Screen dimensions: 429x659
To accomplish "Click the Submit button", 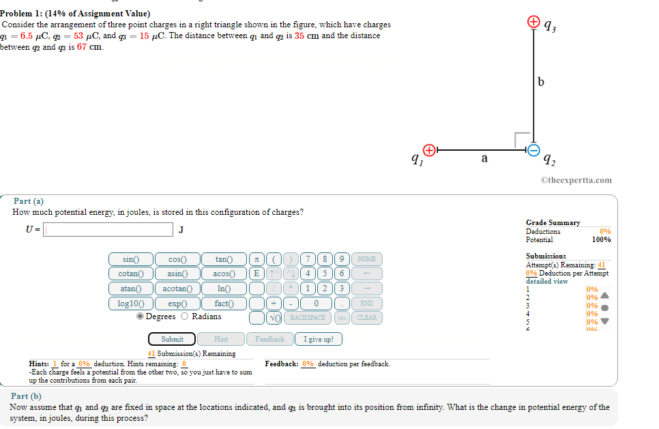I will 172,339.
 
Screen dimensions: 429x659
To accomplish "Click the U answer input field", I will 108,230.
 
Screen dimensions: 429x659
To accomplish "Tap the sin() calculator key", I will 130,259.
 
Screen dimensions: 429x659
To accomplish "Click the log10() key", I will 130,304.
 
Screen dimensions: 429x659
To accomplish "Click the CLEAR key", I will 366,318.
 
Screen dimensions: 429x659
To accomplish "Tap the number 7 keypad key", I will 309,259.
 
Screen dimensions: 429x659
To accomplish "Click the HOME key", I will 366,259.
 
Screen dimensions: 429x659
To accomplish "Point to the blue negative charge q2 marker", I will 534,149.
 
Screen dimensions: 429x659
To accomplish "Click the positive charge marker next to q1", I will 428,149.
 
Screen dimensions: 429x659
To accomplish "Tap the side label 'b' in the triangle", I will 541,83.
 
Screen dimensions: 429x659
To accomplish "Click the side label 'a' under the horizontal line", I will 484,158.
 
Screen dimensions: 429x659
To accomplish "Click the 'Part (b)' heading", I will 26,396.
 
